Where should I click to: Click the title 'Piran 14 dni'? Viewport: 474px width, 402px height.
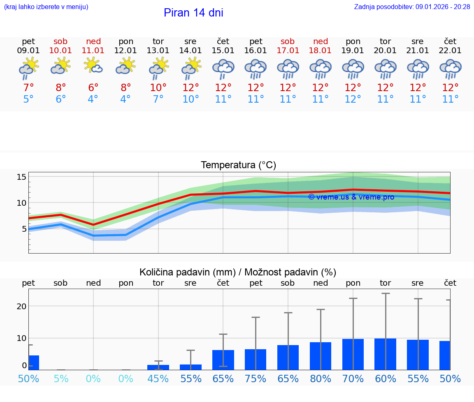pos(193,13)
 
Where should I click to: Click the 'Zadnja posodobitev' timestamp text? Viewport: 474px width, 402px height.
pos(412,7)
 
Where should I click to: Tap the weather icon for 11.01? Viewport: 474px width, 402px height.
pos(93,66)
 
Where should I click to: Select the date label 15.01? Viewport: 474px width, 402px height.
pos(223,51)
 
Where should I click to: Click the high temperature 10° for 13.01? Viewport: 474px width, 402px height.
pos(158,88)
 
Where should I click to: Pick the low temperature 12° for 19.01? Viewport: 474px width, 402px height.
pos(353,99)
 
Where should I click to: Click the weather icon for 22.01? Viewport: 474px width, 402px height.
pos(450,68)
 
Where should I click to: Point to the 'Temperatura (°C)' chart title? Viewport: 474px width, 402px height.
pos(238,165)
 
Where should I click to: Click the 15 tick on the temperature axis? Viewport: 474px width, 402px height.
pos(22,177)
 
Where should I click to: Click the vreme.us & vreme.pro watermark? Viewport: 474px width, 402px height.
pos(351,197)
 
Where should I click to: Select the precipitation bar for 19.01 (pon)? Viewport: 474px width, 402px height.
pos(353,354)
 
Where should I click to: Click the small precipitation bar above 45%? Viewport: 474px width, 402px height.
pos(158,367)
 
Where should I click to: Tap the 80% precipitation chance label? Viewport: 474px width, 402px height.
pos(321,379)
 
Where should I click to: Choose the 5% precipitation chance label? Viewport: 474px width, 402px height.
pos(61,379)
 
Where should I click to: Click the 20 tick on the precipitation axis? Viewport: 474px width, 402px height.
pos(21,306)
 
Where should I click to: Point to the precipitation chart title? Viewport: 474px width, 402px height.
pos(238,272)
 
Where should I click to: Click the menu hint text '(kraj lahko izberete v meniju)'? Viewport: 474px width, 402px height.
pos(46,7)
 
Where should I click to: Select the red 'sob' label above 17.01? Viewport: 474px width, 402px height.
pos(288,41)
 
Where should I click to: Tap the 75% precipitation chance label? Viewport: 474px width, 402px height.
pos(256,379)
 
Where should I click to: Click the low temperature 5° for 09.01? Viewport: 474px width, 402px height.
pos(28,99)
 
